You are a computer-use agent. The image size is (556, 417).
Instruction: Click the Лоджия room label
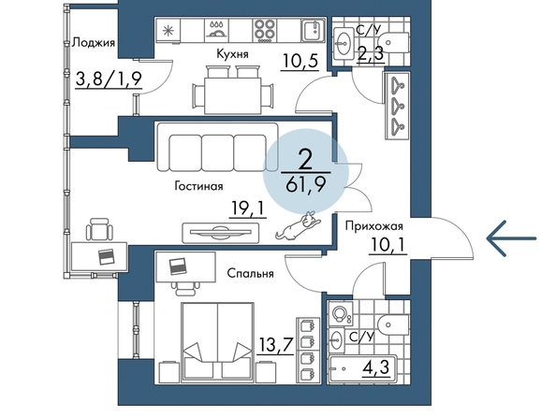coord(94,43)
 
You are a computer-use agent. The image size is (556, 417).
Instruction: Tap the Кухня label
coord(233,54)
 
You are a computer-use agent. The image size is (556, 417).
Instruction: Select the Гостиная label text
coord(199,186)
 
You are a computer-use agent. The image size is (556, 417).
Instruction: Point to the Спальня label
coord(250,273)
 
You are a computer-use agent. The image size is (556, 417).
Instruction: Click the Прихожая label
coord(374,226)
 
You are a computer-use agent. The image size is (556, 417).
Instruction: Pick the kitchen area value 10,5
coord(300,61)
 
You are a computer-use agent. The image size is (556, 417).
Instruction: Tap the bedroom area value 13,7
coord(276,344)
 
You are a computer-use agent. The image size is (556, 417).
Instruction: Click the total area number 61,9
coord(306,184)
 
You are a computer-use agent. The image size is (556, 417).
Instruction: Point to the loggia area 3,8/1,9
coord(109,79)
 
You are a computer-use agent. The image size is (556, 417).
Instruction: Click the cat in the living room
coord(299,225)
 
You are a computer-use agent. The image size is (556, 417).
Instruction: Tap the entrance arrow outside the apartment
coord(511,238)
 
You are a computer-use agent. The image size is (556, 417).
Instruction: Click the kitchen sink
coord(314,30)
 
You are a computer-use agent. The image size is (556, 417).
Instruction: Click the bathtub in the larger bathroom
coord(361,369)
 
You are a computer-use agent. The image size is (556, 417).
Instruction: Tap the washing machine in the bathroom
coord(341,313)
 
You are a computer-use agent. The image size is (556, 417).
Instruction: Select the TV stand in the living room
coord(221,233)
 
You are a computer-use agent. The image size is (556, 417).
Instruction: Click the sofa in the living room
coord(217,148)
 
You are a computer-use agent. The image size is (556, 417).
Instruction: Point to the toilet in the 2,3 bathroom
coord(394,43)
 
